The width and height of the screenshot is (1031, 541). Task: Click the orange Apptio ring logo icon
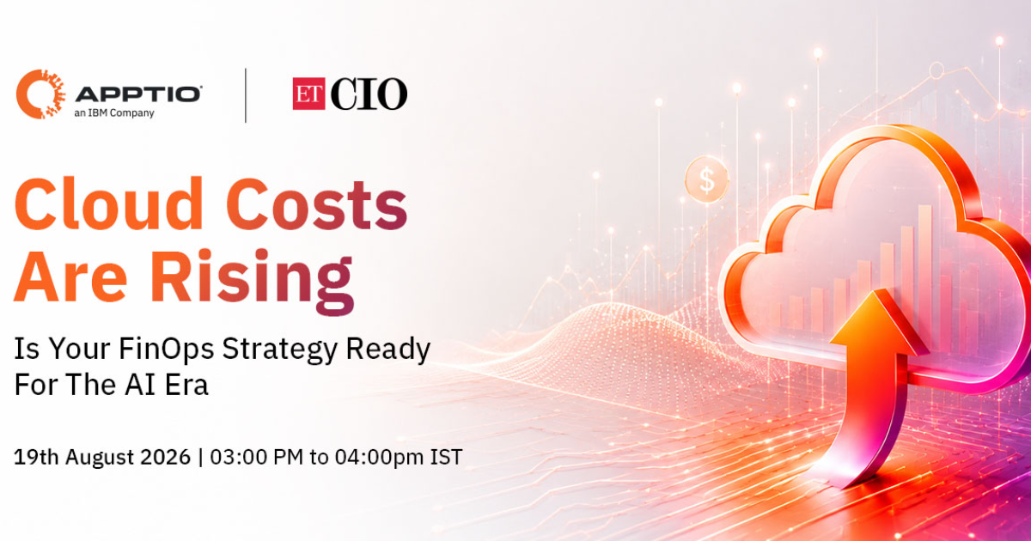(x=27, y=94)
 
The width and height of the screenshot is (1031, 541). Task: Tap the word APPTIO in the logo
(x=138, y=94)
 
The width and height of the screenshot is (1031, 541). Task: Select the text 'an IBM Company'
(x=114, y=112)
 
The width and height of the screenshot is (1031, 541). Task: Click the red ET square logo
(x=308, y=94)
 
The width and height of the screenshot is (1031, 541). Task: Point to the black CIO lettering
(x=369, y=94)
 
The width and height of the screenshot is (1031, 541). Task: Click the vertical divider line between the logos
(x=246, y=95)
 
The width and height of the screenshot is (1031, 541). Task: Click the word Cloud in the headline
(x=108, y=204)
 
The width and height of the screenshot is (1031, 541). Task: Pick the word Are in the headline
(x=70, y=277)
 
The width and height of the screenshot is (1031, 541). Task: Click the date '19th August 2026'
(x=102, y=457)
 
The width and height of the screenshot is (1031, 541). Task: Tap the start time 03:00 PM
(x=257, y=457)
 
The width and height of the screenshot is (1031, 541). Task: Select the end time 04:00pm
(x=379, y=457)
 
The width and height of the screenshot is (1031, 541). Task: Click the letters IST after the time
(x=446, y=457)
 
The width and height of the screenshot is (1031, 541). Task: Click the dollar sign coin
(x=706, y=179)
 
